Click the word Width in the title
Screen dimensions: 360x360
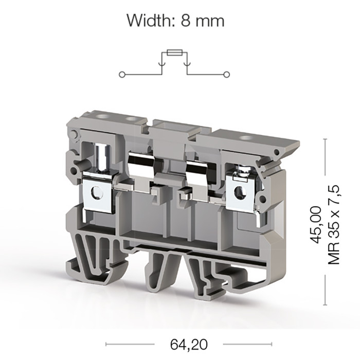click(150, 21)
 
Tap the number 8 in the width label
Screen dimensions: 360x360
click(186, 21)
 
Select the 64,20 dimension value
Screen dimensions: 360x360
click(189, 344)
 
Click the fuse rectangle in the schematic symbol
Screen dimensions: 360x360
click(174, 52)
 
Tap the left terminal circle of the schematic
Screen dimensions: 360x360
click(122, 75)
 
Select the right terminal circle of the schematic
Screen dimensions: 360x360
click(227, 75)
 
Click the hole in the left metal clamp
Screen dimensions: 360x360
click(97, 192)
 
